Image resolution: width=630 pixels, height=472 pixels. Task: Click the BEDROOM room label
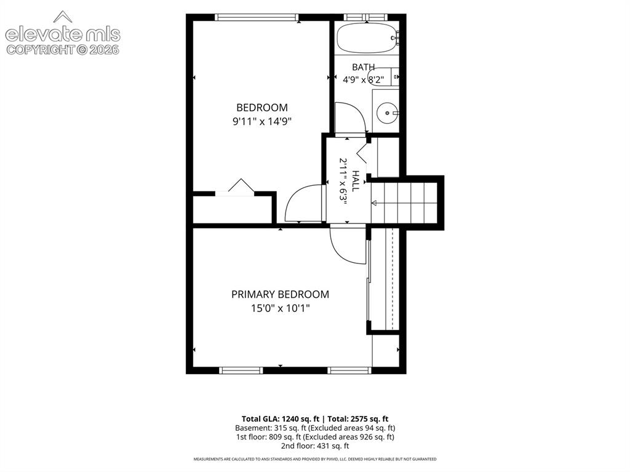pos(262,107)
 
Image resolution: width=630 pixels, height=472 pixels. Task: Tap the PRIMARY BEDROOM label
pos(280,294)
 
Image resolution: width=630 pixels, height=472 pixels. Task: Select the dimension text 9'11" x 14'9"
pos(261,121)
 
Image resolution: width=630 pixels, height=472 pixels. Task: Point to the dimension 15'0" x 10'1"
pos(280,308)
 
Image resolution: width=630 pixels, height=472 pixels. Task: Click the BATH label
pos(364,67)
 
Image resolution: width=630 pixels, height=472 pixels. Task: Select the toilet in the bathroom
pos(384,77)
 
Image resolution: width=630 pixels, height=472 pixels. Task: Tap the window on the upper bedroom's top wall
pos(257,17)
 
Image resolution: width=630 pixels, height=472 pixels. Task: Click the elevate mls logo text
pos(63,34)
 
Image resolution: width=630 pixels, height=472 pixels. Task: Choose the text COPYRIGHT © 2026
pos(63,50)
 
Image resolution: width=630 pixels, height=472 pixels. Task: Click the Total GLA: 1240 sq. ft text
pos(281,419)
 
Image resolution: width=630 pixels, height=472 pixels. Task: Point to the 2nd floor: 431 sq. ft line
pos(315,446)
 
